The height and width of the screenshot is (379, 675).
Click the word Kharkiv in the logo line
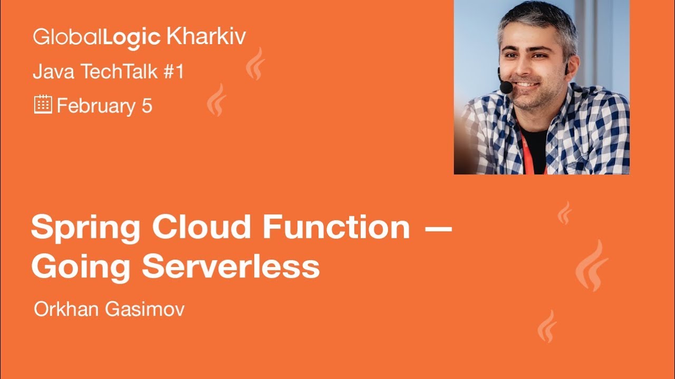coord(206,37)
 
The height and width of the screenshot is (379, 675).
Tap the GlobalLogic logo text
coord(97,37)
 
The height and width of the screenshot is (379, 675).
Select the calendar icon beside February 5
coord(43,105)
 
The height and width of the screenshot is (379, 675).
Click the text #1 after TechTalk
coord(173,72)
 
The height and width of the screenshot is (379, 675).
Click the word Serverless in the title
coord(230,266)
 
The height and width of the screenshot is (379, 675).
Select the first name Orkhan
coord(64,310)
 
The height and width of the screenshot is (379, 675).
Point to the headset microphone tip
coord(506,87)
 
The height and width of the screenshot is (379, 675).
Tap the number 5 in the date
coord(147,106)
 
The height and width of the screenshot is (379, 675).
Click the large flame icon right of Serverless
coord(592,266)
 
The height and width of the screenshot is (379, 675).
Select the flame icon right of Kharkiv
coord(256,64)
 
